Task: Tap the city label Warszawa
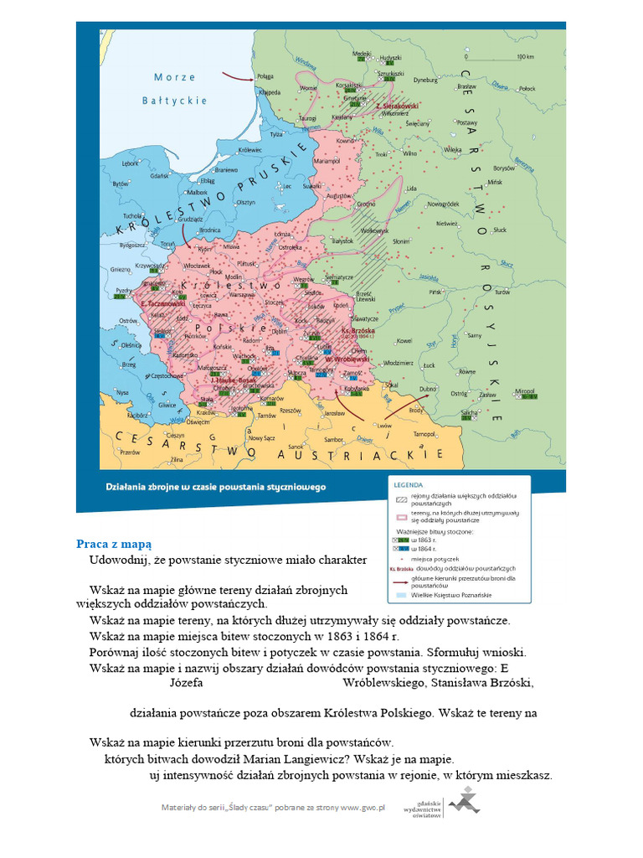tap(242, 295)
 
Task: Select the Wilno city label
tap(409, 153)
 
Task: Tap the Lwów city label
tap(384, 425)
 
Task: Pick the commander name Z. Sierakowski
tap(396, 106)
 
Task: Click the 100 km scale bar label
tap(526, 57)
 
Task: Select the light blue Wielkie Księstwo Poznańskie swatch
tap(402, 595)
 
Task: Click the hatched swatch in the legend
tap(402, 498)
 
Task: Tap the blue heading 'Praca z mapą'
tap(114, 543)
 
